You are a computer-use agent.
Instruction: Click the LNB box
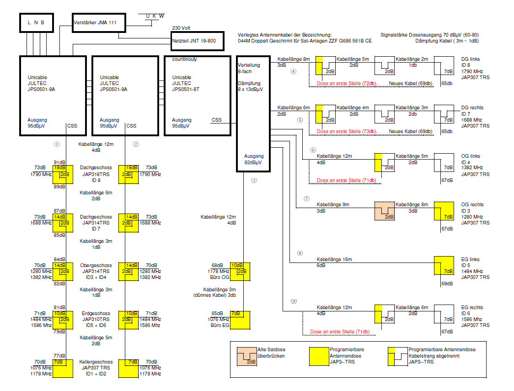[36, 22]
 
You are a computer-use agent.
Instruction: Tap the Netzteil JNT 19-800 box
[198, 41]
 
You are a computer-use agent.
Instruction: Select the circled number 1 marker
[57, 144]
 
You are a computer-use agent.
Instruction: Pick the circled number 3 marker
[254, 180]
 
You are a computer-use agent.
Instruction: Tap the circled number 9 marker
[294, 301]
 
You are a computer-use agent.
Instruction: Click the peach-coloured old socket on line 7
[385, 211]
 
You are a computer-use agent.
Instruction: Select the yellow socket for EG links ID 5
[444, 266]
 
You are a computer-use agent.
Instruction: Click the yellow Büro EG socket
[240, 320]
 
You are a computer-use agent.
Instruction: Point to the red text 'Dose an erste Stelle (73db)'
[347, 132]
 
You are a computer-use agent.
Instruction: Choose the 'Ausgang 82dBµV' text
[253, 159]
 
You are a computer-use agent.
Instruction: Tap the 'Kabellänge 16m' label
[334, 259]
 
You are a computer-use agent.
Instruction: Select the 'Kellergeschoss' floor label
[96, 362]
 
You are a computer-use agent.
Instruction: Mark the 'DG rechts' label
[472, 107]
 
